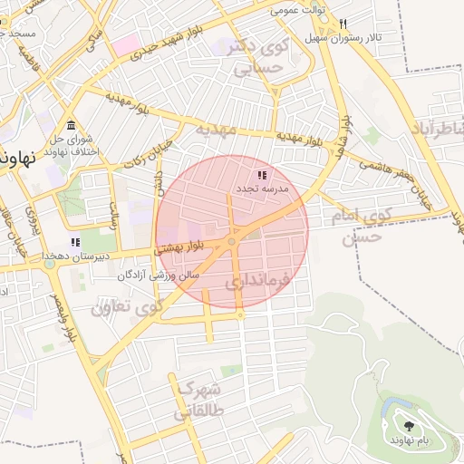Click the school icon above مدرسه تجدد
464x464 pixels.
262,175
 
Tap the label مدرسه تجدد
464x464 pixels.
262,188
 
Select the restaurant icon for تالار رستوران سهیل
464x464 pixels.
343,24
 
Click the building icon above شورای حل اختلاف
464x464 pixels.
72,125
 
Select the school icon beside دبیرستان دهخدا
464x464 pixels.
75,243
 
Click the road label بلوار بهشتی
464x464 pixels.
181,246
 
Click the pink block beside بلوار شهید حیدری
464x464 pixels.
126,43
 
